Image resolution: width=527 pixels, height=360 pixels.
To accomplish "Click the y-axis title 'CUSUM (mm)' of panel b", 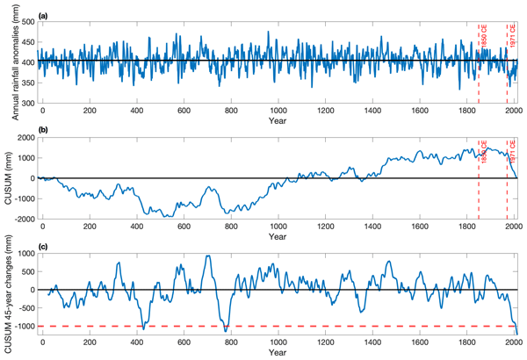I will pos(9,177).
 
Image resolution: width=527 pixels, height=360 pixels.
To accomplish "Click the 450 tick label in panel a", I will pos(25,41).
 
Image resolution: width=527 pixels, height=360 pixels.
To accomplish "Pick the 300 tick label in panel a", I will pos(25,104).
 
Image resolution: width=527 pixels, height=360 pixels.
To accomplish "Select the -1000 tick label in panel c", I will pos(23,327).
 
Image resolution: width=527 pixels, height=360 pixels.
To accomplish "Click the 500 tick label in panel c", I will pos(26,271).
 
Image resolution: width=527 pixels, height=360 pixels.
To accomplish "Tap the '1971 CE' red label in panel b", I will pos(512,151).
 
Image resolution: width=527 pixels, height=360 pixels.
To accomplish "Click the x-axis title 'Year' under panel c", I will pos(278,352).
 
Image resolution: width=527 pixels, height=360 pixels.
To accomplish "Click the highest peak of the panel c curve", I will pos(207,256).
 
